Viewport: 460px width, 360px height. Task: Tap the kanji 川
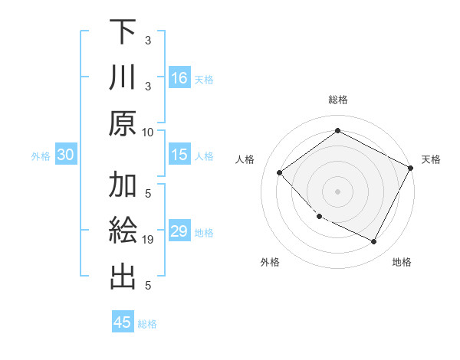123,78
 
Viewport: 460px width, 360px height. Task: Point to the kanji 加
123,186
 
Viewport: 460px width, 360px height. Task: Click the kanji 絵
123,232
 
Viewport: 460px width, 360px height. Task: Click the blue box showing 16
179,78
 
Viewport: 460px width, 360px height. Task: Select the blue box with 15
179,155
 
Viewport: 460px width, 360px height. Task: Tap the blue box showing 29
179,232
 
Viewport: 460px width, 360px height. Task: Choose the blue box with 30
65,155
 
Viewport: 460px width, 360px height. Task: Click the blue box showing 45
123,322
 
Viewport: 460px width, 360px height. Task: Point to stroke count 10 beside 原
148,132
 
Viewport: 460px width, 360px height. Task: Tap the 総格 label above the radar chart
337,100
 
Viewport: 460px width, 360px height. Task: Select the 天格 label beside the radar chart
431,159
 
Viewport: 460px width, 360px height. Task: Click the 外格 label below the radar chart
270,262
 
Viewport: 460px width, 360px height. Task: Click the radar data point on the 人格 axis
280,173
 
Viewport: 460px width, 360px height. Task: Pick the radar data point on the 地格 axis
374,242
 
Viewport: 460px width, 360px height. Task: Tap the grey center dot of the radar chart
337,191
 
